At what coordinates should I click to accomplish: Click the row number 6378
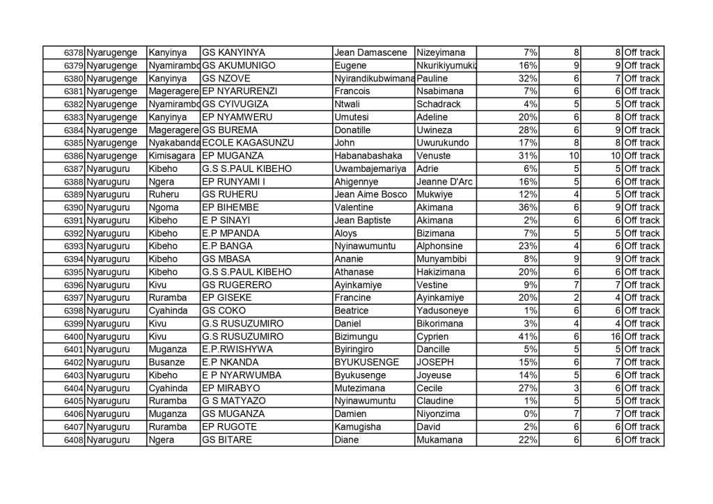pyautogui.click(x=73, y=53)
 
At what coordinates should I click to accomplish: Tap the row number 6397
pyautogui.click(x=73, y=298)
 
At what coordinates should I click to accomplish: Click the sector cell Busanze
pyautogui.click(x=166, y=362)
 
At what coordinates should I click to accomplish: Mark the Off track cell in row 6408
pyautogui.click(x=642, y=440)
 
